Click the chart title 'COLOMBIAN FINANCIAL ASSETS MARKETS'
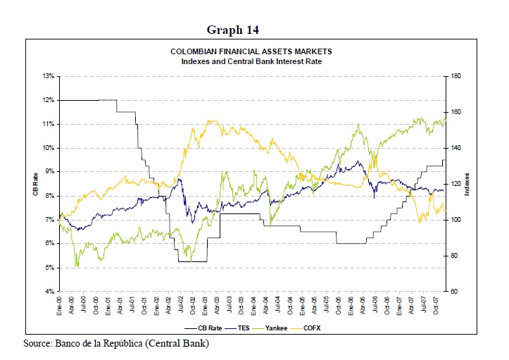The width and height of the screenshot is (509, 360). (x=251, y=52)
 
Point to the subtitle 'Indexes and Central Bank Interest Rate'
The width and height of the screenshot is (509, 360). (x=251, y=61)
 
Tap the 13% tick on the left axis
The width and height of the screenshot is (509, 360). (x=49, y=76)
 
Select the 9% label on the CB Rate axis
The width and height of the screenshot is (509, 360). (x=50, y=172)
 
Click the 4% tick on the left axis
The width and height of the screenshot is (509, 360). (x=50, y=292)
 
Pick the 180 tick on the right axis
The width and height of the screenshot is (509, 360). (x=456, y=76)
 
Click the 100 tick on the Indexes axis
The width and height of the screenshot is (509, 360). (x=456, y=220)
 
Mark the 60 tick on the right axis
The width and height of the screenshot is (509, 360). (x=455, y=292)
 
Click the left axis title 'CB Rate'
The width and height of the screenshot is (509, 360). (x=34, y=184)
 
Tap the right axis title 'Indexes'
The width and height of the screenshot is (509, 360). (x=473, y=184)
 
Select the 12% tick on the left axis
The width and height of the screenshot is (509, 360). (x=49, y=100)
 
